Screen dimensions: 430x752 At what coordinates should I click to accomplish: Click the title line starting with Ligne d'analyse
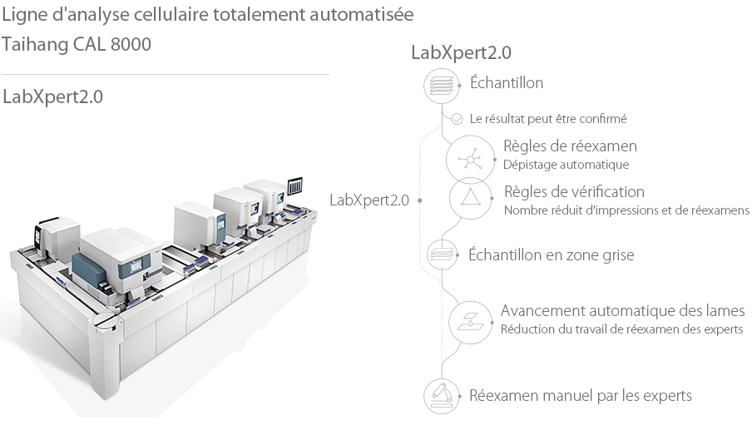coord(208,15)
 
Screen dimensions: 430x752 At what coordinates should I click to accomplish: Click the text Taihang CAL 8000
coord(77,44)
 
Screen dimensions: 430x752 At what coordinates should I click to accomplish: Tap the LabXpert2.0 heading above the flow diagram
coord(461,52)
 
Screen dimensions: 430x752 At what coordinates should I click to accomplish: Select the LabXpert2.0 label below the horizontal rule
coord(53,96)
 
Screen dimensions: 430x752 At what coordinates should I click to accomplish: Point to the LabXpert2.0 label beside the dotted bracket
coord(369,200)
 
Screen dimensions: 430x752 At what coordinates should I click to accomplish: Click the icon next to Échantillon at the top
coord(442,85)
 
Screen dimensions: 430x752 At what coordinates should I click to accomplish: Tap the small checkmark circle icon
coord(457,119)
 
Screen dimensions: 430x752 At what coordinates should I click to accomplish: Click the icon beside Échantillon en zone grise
coord(442,254)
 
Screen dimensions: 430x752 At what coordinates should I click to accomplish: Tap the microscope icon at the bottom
coord(442,395)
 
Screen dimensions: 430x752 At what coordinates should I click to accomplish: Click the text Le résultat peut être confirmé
coord(548,119)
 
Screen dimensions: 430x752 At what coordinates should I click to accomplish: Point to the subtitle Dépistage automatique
coord(566,165)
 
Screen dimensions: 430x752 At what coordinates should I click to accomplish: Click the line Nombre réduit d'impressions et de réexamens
coord(626,210)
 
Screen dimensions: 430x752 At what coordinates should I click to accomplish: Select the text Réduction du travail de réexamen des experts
coord(621,329)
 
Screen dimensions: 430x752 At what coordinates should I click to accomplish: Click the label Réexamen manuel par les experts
coord(581,395)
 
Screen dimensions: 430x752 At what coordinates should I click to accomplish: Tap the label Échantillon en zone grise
coord(552,255)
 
